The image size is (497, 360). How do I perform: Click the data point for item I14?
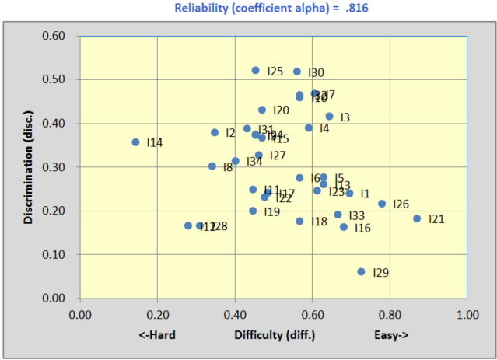(135, 142)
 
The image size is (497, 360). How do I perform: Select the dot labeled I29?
(361, 271)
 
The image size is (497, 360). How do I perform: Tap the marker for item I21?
(417, 218)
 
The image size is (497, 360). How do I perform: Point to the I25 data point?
(255, 70)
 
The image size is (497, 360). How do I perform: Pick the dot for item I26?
(382, 204)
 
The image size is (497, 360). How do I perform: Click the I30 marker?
(296, 72)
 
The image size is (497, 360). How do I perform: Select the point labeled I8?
(212, 166)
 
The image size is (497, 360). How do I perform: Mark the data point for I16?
(344, 227)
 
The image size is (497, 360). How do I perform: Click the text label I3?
(345, 117)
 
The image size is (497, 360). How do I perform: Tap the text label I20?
(281, 110)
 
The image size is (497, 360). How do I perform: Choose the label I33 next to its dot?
(357, 215)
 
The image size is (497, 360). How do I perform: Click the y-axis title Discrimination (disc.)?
(28, 166)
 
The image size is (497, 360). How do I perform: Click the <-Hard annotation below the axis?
(157, 335)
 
